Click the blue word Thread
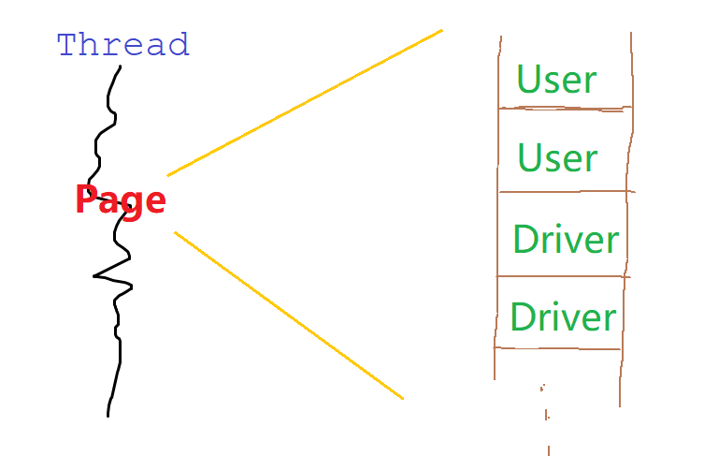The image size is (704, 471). [x=122, y=44]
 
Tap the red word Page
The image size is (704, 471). [x=121, y=200]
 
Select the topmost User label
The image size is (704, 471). [x=556, y=80]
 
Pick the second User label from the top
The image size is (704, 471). [x=557, y=157]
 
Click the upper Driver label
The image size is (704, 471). [x=566, y=240]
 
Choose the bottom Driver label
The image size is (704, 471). [x=564, y=316]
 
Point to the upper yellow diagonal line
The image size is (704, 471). [x=304, y=102]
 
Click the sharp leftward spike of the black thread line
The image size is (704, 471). [x=96, y=276]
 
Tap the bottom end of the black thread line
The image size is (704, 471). [x=108, y=414]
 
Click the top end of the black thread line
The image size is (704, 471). [x=120, y=66]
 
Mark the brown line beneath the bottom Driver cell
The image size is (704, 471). [x=558, y=348]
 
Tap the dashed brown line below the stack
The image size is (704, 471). [x=546, y=417]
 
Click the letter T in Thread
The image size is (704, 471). [x=66, y=44]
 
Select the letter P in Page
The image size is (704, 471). [x=86, y=200]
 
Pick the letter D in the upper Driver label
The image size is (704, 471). [x=524, y=240]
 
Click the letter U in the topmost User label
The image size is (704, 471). [x=528, y=80]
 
